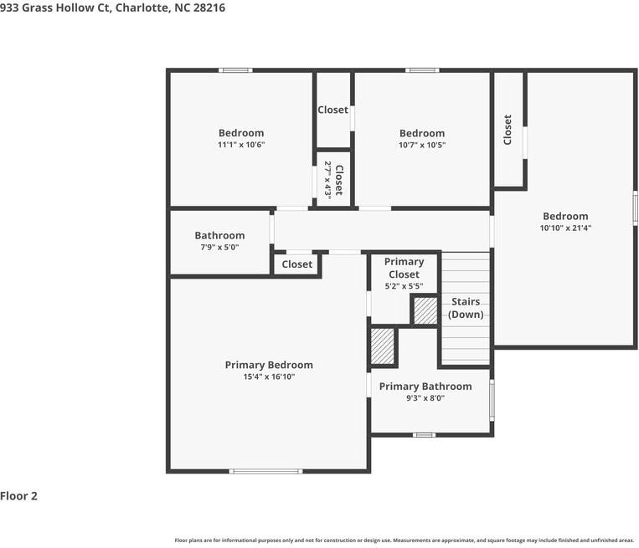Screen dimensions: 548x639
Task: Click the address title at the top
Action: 112,8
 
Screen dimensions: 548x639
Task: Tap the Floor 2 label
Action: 19,496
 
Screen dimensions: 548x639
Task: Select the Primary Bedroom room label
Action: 269,365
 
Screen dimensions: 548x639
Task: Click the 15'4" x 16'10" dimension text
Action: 269,377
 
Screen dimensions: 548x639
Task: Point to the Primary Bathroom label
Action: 425,387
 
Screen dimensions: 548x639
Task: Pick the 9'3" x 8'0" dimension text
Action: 425,399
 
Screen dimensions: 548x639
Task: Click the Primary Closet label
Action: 404,268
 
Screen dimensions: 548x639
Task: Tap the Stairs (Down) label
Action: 466,308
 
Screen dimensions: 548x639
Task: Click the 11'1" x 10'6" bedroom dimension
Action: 241,145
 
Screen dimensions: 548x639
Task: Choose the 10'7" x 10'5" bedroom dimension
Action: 422,145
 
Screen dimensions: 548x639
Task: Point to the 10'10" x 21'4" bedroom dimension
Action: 565,228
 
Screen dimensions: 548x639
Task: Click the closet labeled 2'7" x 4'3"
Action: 333,179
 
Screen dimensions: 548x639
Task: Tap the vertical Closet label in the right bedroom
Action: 508,130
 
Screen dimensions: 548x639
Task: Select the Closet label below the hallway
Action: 296,264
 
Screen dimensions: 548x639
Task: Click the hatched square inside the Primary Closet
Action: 425,312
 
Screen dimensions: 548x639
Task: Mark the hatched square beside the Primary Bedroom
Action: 383,346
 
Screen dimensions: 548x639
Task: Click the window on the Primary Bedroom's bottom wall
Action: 266,471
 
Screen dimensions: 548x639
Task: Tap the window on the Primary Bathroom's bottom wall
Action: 425,435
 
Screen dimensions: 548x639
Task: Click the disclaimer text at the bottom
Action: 405,540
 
